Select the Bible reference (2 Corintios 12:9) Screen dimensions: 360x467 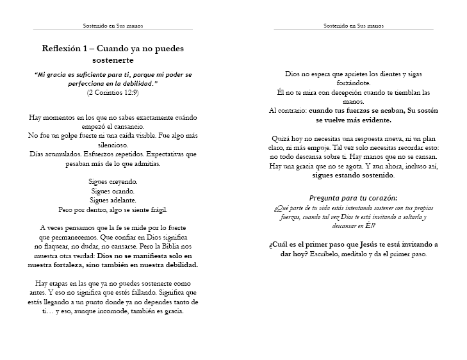(x=113, y=92)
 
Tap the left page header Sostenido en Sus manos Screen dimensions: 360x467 (x=113, y=26)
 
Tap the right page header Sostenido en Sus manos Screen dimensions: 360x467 (x=354, y=26)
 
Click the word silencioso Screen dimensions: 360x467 (x=113, y=145)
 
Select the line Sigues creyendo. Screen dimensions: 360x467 (x=113, y=181)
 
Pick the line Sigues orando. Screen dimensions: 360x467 (x=113, y=190)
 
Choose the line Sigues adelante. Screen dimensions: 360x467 (x=113, y=199)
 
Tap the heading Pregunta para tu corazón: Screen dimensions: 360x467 (x=353, y=197)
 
